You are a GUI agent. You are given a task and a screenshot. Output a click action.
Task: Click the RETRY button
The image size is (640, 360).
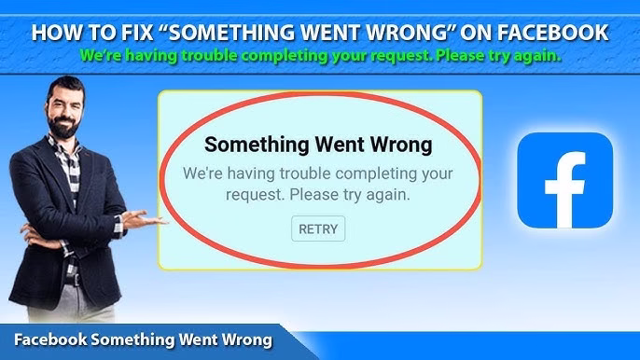coord(318,228)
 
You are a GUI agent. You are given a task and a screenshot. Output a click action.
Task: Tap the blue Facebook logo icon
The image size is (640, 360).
coord(564,180)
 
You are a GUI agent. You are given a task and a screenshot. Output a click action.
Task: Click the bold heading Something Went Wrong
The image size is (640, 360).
coord(318,145)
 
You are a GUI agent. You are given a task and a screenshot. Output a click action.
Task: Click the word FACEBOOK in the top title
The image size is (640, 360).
coord(554,34)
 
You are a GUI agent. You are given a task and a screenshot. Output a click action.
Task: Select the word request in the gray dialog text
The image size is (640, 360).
coord(254,196)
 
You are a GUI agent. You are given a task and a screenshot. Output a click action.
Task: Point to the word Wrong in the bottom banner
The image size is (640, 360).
coord(245,339)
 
